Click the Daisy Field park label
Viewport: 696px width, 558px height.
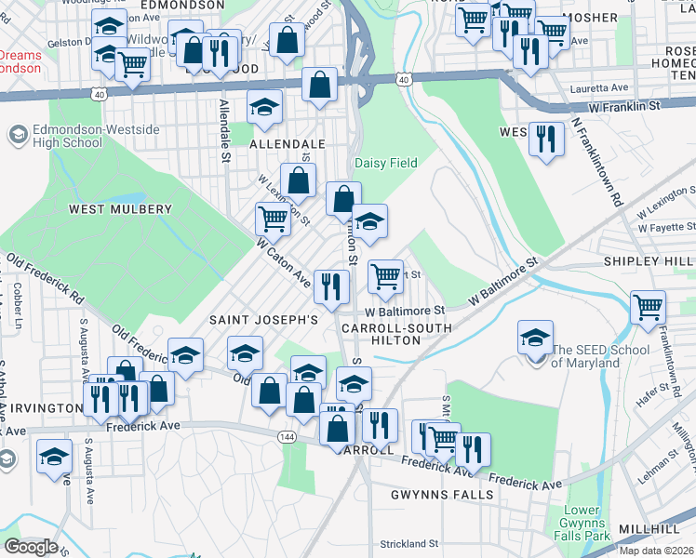pos(386,163)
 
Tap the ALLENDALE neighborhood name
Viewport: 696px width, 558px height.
pos(288,145)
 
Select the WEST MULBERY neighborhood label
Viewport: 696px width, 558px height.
pos(120,209)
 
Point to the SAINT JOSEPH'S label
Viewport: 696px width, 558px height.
pos(263,319)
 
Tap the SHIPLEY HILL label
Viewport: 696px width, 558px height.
pos(649,262)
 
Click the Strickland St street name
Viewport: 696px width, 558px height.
pos(408,543)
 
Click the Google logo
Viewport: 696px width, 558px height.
pos(31,547)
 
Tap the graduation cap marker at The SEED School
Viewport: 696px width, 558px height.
pos(536,338)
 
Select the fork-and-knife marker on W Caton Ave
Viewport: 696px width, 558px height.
pos(330,286)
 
